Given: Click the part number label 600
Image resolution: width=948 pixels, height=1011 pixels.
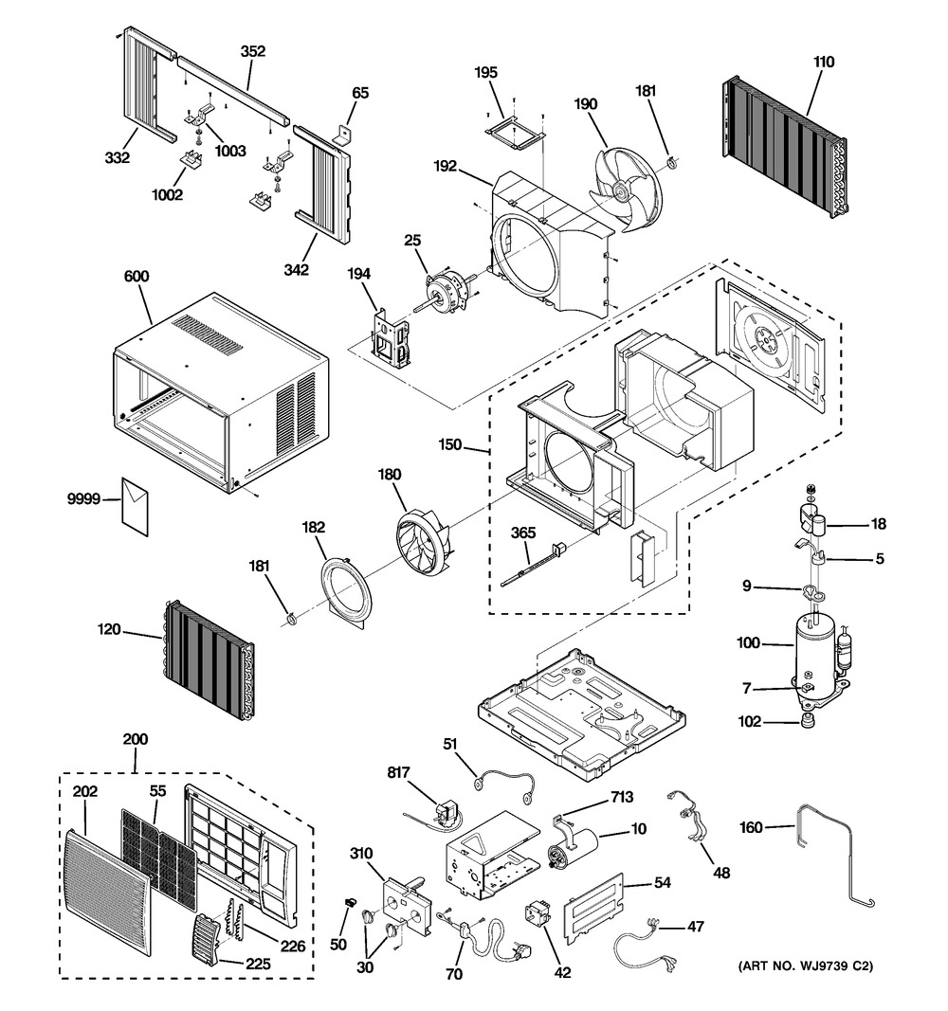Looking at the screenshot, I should tap(137, 276).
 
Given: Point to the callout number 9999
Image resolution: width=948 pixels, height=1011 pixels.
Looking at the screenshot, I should tap(83, 498).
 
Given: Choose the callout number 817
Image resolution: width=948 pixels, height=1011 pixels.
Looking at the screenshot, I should tap(399, 772).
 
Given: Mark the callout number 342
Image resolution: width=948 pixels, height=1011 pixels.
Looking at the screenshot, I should tap(296, 270).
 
